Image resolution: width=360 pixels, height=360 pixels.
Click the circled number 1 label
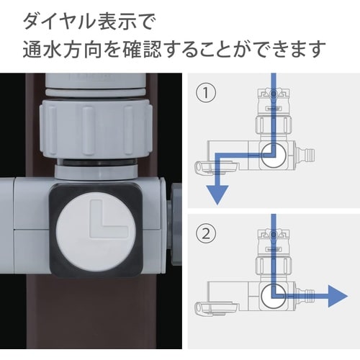click(x=207, y=94)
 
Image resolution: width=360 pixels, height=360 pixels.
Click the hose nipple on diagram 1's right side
click(x=308, y=153)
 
